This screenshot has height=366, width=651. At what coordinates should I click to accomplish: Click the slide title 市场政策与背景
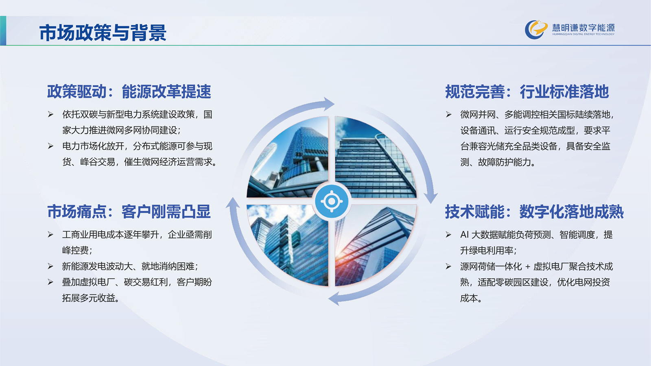point(103,33)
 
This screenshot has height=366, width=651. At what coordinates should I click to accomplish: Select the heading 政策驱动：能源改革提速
point(129,91)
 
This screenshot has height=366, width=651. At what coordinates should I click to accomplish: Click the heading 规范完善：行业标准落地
point(527,91)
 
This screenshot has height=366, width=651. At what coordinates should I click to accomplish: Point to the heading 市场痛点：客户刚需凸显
point(129,211)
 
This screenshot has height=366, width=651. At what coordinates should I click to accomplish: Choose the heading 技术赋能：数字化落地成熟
point(534,211)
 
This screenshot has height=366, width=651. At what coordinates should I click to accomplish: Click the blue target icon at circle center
point(332,201)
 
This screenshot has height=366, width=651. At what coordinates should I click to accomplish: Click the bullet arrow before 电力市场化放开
point(50,146)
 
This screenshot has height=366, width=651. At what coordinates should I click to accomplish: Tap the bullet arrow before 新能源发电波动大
point(50,266)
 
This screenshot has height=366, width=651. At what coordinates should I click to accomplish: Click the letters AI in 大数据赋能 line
point(464,235)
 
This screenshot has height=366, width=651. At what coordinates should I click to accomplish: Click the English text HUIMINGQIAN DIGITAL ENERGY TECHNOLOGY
point(583,34)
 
